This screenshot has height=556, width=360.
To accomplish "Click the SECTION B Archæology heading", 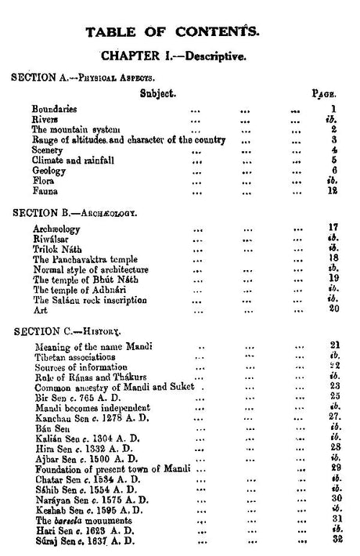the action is [x=74, y=211].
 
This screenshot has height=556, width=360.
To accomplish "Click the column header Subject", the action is [x=157, y=92].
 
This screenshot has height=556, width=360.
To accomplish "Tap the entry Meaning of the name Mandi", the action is [x=93, y=345].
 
